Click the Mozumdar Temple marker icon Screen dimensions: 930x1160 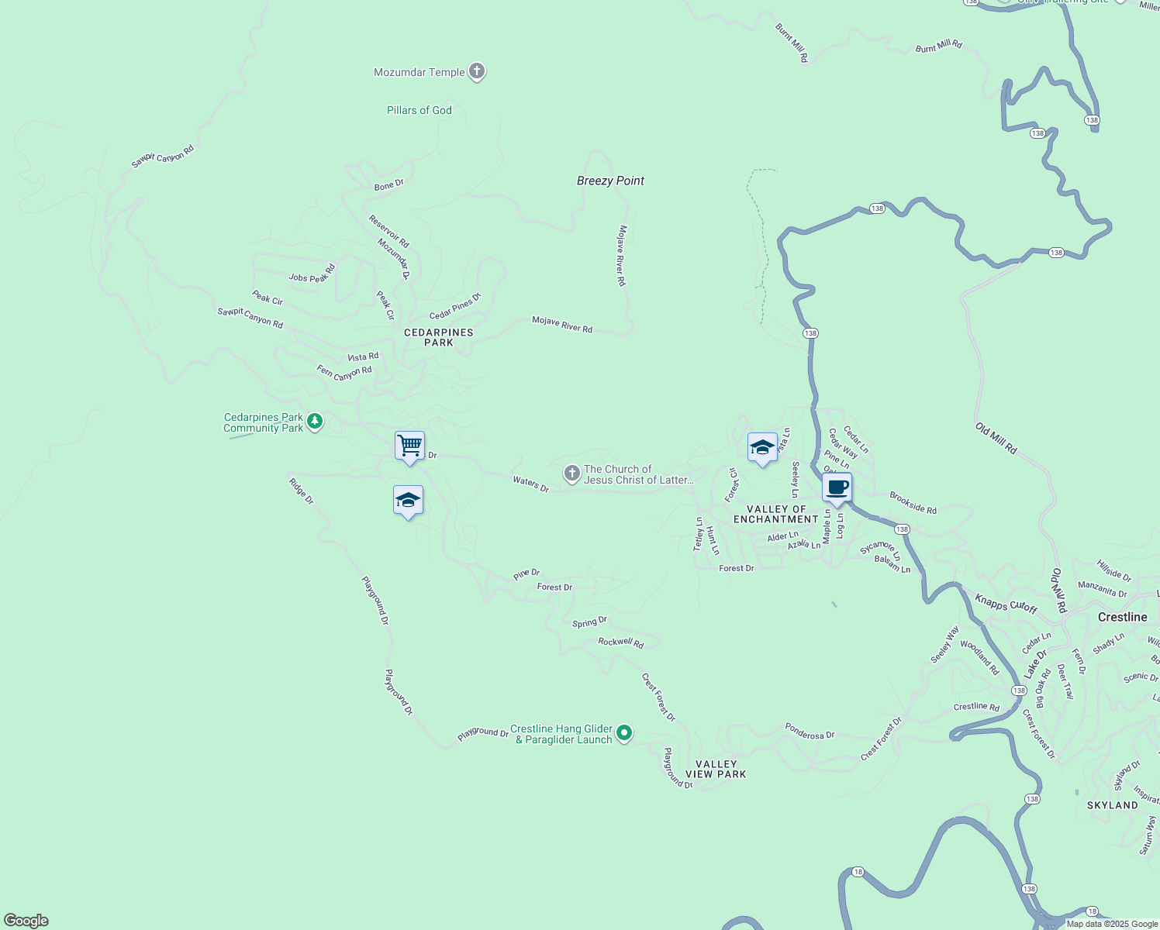click(477, 72)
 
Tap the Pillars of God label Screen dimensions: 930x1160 click(419, 110)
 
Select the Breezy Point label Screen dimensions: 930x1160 click(610, 181)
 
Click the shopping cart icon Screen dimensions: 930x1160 click(409, 446)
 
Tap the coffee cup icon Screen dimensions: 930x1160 click(837, 488)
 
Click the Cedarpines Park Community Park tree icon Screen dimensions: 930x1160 click(314, 422)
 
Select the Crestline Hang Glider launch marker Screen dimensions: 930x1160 click(624, 732)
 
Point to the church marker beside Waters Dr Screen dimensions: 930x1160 click(571, 474)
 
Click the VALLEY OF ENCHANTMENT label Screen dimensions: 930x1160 click(776, 515)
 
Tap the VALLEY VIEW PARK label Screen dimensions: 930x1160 click(716, 769)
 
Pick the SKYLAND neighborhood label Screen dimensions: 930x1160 click(1112, 805)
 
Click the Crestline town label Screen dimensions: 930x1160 click(1122, 617)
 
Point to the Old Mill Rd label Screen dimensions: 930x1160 click(996, 439)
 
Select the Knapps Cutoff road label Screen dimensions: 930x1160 click(1006, 603)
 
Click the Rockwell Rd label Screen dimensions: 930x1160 click(620, 642)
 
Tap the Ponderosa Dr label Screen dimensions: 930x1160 click(809, 732)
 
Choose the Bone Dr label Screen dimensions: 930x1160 click(388, 185)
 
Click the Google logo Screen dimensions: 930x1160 click(26, 921)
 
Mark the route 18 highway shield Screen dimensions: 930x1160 click(857, 872)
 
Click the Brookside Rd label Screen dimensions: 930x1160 click(913, 503)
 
